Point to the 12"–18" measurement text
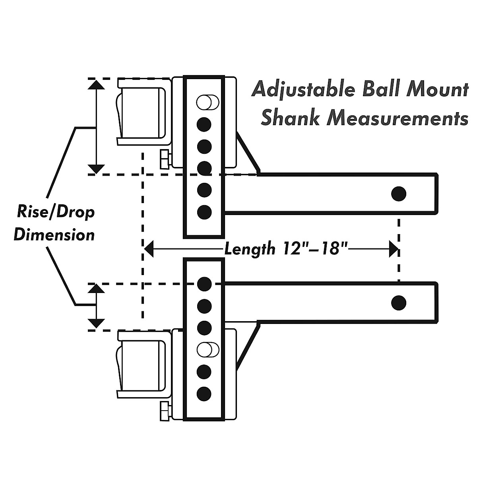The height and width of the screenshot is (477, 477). (316, 249)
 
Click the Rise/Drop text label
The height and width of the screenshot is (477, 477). (56, 212)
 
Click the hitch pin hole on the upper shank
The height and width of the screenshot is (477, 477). (398, 194)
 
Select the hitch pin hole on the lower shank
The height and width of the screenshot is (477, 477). (398, 303)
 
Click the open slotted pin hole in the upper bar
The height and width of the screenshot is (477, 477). (207, 103)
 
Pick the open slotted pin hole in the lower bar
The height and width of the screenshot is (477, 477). (207, 349)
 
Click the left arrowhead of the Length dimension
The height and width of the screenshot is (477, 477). (148, 250)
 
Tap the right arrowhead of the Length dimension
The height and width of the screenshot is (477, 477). (394, 250)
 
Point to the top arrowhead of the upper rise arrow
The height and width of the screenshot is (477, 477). (95, 85)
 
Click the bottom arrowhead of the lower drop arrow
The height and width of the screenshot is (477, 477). (95, 324)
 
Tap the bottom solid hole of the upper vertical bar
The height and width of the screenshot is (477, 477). (204, 212)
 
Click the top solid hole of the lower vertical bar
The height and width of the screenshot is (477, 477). (204, 283)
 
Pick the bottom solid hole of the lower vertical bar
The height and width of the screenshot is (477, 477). (204, 394)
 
